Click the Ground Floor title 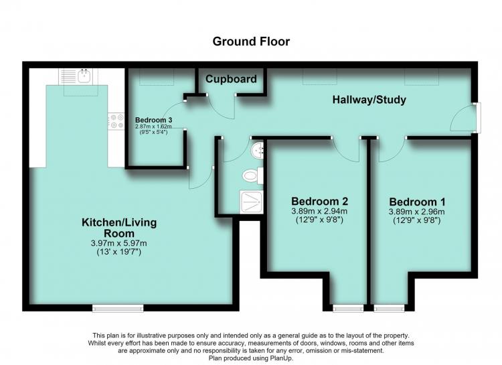point(251,42)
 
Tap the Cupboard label point(231,79)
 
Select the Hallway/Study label point(369,100)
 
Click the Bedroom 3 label point(154,120)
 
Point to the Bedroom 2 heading point(319,201)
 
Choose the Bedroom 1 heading point(417,202)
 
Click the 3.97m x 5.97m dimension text point(118,243)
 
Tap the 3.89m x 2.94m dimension point(319,211)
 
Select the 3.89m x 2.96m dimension point(416,212)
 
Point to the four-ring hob point(116,121)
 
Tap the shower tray point(252,202)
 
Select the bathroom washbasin point(258,150)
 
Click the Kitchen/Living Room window point(118,308)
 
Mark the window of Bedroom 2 point(348,308)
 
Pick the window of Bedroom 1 point(389,308)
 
